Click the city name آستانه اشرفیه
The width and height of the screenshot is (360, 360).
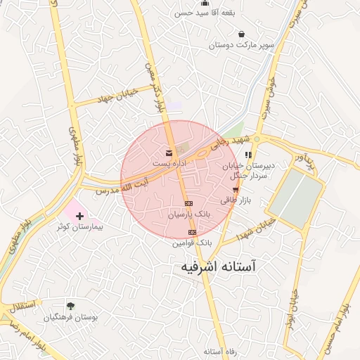click(219, 268)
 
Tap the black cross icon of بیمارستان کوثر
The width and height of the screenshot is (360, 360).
click(79, 215)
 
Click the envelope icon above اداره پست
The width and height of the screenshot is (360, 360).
click(168, 153)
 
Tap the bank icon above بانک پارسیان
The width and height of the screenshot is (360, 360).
click(188, 203)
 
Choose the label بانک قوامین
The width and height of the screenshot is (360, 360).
click(192, 243)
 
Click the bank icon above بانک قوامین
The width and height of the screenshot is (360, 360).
click(191, 232)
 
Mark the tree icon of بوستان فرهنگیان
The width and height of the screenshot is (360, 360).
click(70, 306)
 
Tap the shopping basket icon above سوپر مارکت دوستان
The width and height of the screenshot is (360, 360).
click(242, 34)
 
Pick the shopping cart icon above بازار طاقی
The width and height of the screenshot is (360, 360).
click(235, 190)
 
